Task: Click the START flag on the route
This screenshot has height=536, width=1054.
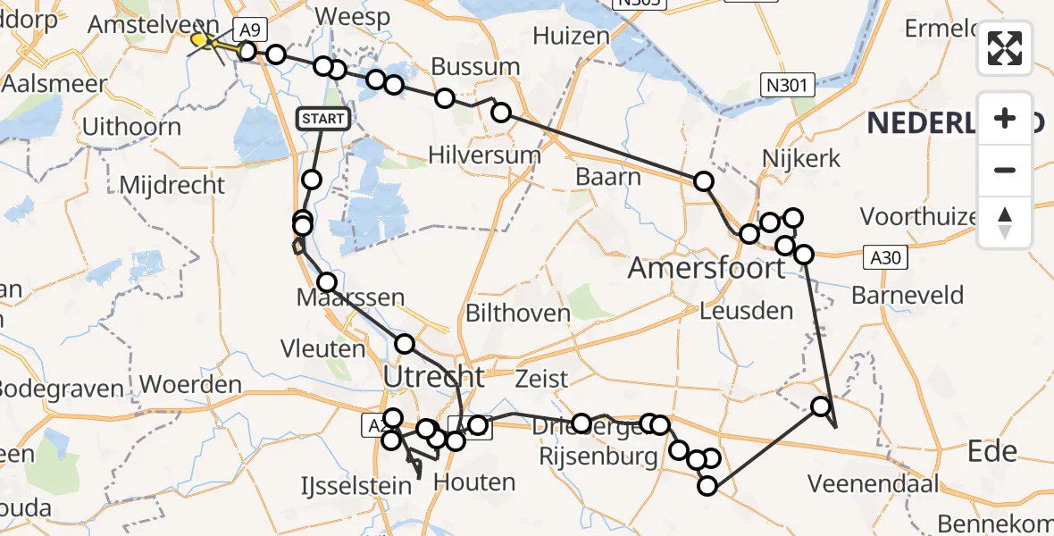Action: point(322,118)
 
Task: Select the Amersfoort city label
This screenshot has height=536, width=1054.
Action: point(707,267)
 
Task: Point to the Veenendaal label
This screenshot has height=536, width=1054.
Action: point(873,484)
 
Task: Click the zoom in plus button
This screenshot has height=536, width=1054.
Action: point(1005,118)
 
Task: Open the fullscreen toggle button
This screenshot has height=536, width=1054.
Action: point(1005,48)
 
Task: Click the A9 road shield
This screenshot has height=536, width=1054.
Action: point(245,29)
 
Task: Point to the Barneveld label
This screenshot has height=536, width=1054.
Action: point(908,295)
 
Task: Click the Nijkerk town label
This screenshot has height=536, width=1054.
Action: point(801,158)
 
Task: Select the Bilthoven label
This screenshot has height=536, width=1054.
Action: point(518,313)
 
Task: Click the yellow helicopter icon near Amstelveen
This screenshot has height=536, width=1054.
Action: point(205,40)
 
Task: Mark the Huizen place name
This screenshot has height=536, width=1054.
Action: point(572,37)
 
